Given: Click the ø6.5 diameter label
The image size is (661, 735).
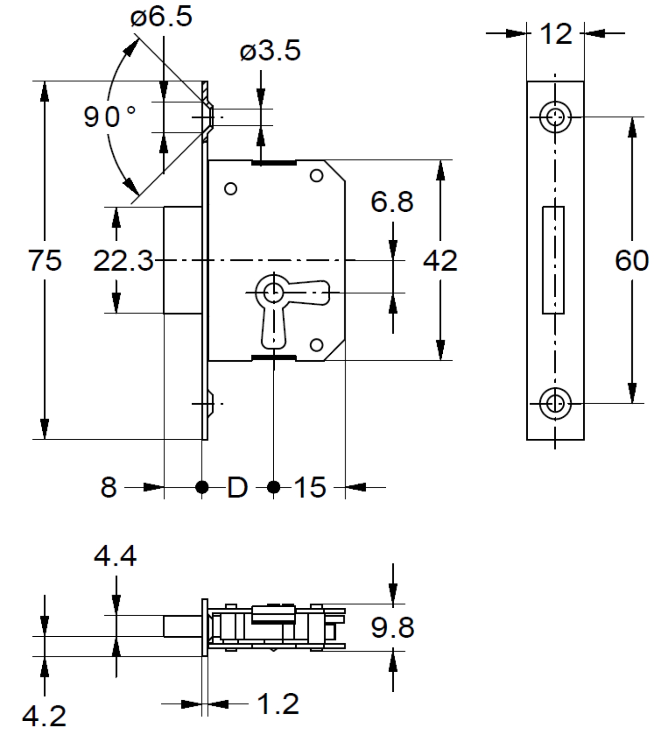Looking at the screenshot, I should (161, 17).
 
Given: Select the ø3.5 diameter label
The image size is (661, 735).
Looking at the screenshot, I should (270, 50).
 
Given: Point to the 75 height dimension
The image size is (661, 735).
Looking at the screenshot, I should (45, 260).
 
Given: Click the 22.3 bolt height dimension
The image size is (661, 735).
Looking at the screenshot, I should (123, 260).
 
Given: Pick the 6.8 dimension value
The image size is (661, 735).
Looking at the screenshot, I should (392, 202).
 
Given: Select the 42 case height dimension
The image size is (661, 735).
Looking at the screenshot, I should (440, 260).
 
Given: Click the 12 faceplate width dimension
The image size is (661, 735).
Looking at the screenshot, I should (556, 34).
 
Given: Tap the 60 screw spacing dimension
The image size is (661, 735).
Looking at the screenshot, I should (632, 260).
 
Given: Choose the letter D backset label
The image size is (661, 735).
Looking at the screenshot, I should (237, 487).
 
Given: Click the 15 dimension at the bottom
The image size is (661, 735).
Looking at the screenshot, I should (310, 487).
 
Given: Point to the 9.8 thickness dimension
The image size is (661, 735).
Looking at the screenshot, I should (392, 628).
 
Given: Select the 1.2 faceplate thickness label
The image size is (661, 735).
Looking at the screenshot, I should (278, 704).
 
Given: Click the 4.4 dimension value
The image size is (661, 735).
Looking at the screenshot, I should (115, 556).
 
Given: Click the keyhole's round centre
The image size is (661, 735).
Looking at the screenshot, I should (274, 292).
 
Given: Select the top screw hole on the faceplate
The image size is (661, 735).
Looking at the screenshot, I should (555, 117).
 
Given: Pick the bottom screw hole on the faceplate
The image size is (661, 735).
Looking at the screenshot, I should (555, 404).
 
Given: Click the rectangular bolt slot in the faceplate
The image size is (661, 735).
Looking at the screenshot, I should (553, 260).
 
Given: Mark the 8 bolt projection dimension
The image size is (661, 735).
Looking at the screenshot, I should (108, 487).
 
